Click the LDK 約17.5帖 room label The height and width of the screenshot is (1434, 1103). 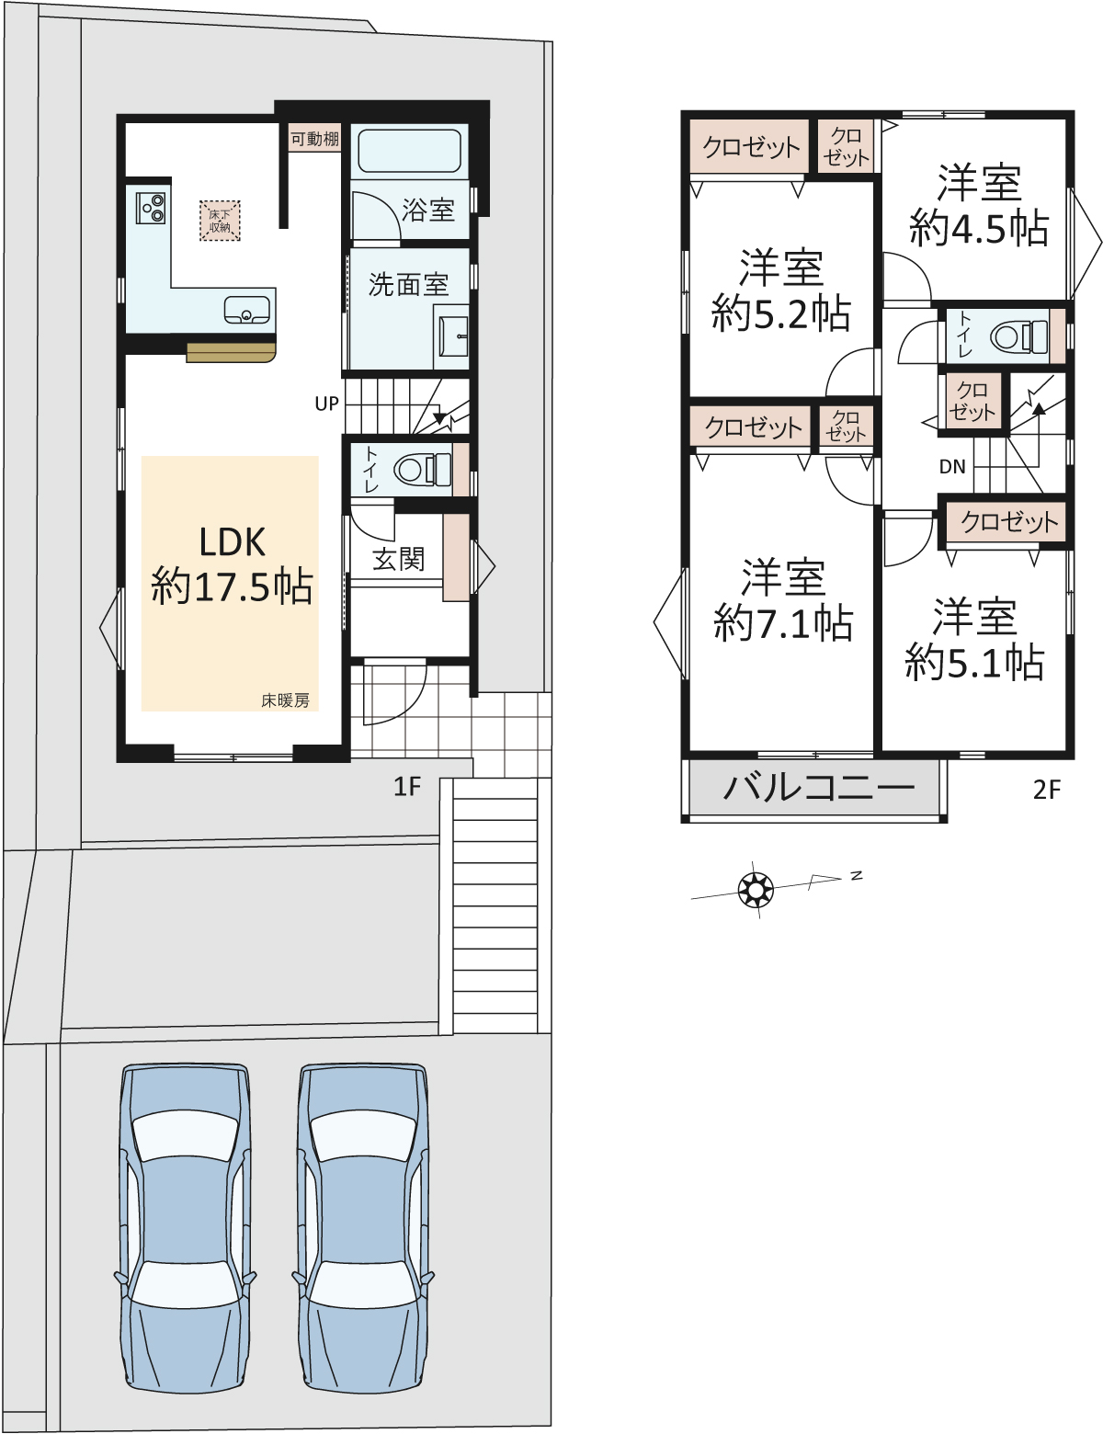point(232,564)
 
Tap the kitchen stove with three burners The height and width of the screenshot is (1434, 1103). point(151,206)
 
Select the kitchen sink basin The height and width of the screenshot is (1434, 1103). point(246,310)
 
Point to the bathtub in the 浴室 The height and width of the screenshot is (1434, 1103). point(410,151)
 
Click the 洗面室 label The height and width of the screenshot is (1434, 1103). point(408,284)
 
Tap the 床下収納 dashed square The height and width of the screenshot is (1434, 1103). point(220,221)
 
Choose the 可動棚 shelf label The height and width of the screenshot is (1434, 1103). point(314,139)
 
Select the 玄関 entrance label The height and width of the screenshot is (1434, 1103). point(398,559)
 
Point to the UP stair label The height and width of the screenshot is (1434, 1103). point(326,404)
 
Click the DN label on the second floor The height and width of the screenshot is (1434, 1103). point(952,467)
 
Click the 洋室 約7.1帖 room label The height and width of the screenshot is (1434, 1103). point(783,599)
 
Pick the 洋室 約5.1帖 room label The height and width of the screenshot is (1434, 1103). point(974,639)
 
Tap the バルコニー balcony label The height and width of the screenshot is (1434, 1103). point(819,788)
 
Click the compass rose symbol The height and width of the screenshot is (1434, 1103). point(756,889)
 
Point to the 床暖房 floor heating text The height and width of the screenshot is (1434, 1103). point(285,700)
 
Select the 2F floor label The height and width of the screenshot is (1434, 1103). point(1046,790)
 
